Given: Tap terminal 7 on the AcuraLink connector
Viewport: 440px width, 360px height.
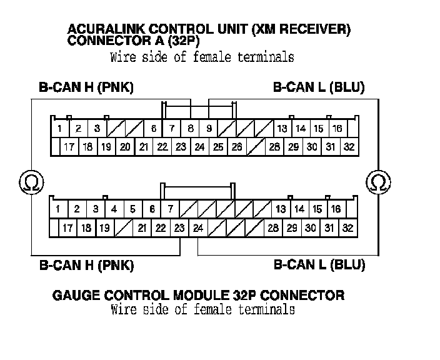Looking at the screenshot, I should [x=172, y=129].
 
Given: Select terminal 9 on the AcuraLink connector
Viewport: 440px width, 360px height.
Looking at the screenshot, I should [x=209, y=129].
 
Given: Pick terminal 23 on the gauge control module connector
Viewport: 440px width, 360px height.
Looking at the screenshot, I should [x=179, y=228].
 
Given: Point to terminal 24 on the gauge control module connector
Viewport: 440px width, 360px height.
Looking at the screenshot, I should [x=198, y=228].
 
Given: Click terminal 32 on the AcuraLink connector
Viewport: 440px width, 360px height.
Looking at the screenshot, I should [x=349, y=147].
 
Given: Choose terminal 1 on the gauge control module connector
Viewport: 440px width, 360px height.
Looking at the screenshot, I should [x=57, y=209].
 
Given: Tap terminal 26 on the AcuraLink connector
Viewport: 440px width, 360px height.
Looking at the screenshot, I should [x=236, y=147].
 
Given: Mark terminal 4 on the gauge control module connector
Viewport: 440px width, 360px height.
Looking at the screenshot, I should [x=114, y=209].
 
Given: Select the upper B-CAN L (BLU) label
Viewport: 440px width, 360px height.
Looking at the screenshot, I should [x=319, y=87].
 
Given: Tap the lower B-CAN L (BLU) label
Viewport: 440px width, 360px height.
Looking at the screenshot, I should [x=319, y=265].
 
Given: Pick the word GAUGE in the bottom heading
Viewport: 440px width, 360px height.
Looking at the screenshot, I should [x=74, y=295].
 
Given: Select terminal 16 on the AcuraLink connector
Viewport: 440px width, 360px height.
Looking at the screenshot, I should [x=337, y=129].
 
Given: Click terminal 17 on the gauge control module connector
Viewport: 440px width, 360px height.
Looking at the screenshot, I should [x=67, y=228].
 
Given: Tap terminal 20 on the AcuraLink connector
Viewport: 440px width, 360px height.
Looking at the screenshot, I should [x=125, y=147].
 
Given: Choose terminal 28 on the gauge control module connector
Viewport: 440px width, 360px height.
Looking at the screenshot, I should [x=273, y=228].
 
